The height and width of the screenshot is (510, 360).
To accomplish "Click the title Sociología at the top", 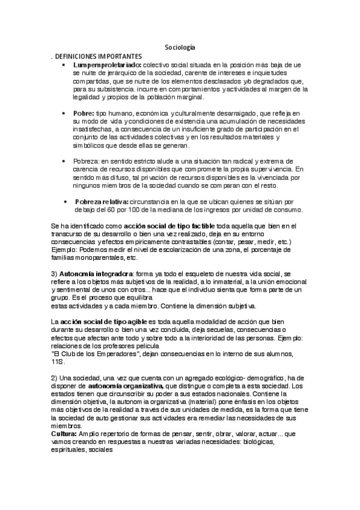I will point(180,48).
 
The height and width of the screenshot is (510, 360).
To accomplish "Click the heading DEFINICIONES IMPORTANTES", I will point(98,56).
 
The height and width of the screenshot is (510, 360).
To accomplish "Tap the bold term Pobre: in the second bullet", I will point(84,112).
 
